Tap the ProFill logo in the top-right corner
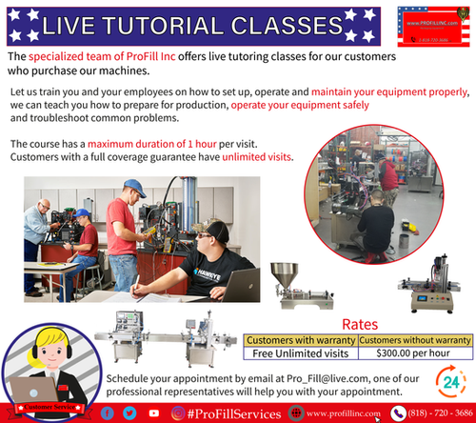(x=428, y=25)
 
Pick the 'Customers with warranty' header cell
(x=301, y=339)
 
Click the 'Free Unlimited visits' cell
(x=301, y=354)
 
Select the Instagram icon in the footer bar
(x=177, y=413)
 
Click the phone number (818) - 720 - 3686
(x=433, y=413)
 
